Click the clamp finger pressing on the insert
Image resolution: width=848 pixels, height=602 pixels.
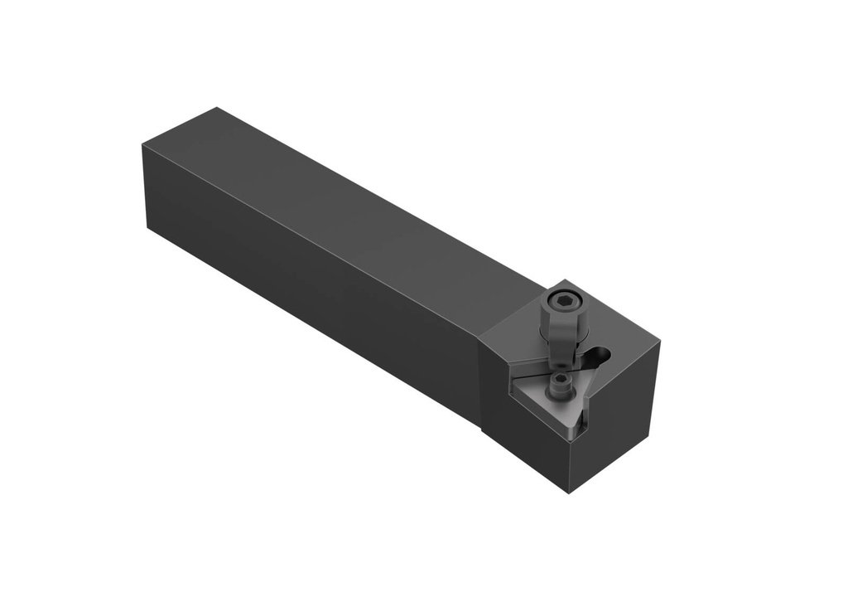(x=562, y=357)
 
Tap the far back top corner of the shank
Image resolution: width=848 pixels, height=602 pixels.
(x=217, y=108)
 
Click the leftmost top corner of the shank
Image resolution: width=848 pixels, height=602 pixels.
(x=142, y=146)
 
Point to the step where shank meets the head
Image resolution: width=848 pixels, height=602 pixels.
(x=482, y=381)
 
